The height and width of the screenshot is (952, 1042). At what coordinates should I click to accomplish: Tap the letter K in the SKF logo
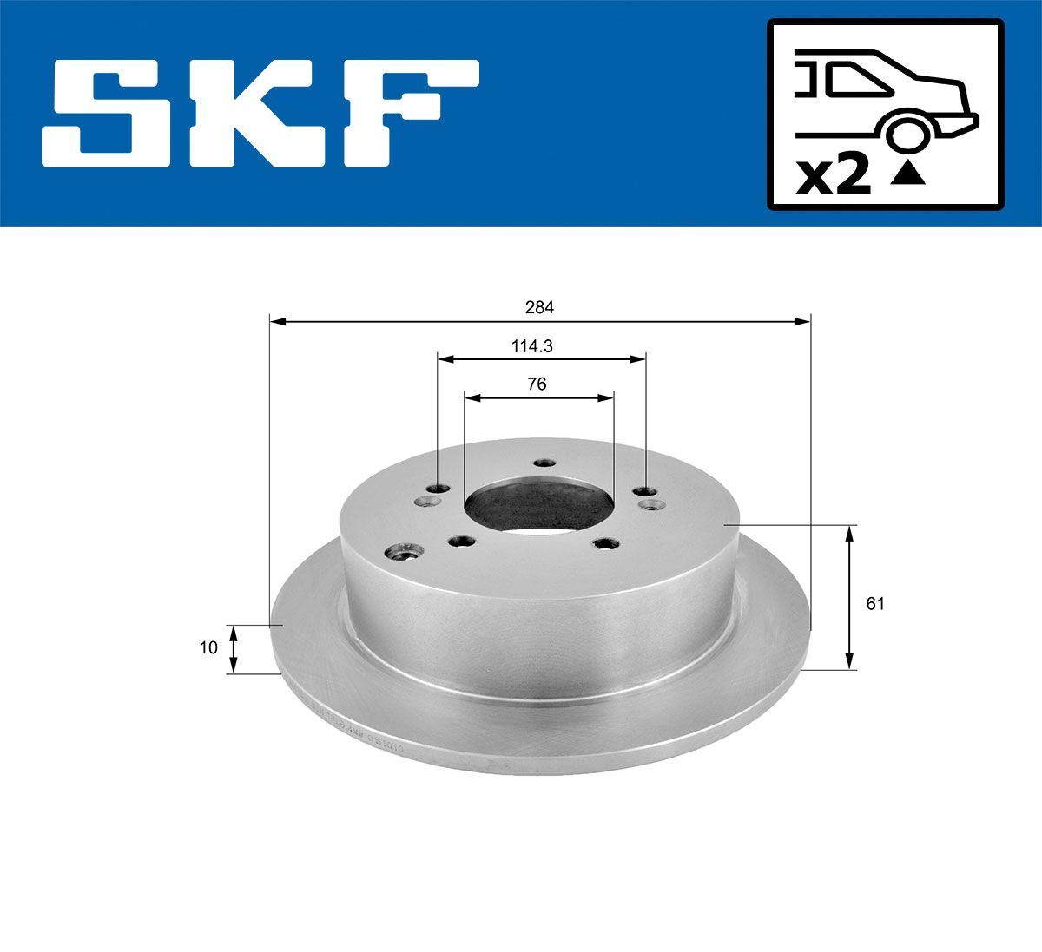(260, 113)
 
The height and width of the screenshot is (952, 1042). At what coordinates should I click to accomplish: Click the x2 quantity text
(834, 176)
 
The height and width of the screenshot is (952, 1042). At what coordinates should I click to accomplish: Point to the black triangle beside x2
(907, 176)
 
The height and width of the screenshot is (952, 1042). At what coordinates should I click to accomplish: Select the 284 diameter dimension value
(538, 307)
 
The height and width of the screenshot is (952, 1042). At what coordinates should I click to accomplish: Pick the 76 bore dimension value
(537, 384)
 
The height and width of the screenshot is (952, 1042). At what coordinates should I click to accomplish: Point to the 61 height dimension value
(875, 604)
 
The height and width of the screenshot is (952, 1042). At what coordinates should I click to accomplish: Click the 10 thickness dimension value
(208, 647)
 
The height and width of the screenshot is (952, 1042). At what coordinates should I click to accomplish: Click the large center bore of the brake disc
(538, 509)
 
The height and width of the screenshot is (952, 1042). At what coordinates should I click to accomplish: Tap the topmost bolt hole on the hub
(544, 463)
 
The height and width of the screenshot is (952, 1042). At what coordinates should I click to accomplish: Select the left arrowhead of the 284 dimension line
(276, 322)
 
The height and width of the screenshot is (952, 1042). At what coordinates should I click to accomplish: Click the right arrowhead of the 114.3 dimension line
(639, 357)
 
